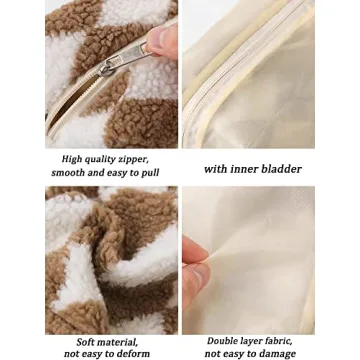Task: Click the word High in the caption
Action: coord(72,159)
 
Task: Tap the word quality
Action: coord(101,159)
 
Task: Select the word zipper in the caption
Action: coord(134,159)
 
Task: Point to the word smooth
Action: coord(68,173)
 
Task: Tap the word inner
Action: coord(246,169)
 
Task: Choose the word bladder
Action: coord(281,169)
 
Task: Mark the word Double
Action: coord(223,341)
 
